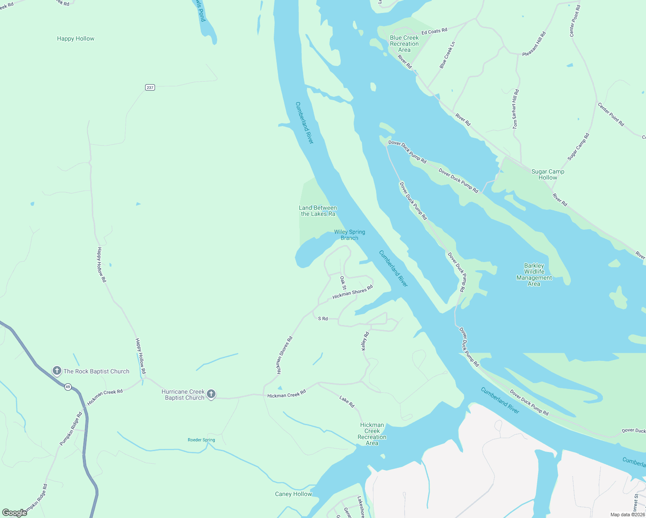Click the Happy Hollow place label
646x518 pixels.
[x=76, y=39]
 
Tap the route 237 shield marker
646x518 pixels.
[x=150, y=88]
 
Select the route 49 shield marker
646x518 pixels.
[x=68, y=387]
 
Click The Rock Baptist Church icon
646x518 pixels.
[x=57, y=371]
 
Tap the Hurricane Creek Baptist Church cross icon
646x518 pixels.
[x=211, y=394]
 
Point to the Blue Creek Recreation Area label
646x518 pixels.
[x=404, y=44]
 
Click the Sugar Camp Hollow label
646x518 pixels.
[x=548, y=174]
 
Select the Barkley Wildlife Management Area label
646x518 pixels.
[x=534, y=275]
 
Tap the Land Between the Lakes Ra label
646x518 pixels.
[x=318, y=211]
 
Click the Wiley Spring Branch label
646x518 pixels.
[x=349, y=235]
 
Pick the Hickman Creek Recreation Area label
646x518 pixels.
[x=372, y=434]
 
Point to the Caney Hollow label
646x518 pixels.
[x=293, y=494]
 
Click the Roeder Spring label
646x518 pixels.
[x=201, y=440]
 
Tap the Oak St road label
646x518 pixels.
[x=343, y=283]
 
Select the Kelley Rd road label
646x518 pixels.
[x=365, y=341]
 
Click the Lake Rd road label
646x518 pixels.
[x=347, y=402]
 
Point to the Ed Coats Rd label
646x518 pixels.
[x=434, y=32]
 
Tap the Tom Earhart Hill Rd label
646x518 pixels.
[x=516, y=109]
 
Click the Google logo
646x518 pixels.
[x=14, y=512]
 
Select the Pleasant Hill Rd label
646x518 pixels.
[x=534, y=44]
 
